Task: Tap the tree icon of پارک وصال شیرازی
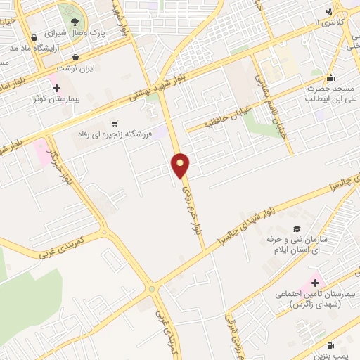pyautogui.click(x=74, y=21)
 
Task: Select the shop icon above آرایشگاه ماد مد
pyautogui.click(x=34, y=37)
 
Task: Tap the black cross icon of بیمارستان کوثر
pyautogui.click(x=57, y=88)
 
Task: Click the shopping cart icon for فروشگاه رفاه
pyautogui.click(x=115, y=122)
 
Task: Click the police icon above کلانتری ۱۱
pyautogui.click(x=329, y=11)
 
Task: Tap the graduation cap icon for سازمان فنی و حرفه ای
pyautogui.click(x=297, y=229)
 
